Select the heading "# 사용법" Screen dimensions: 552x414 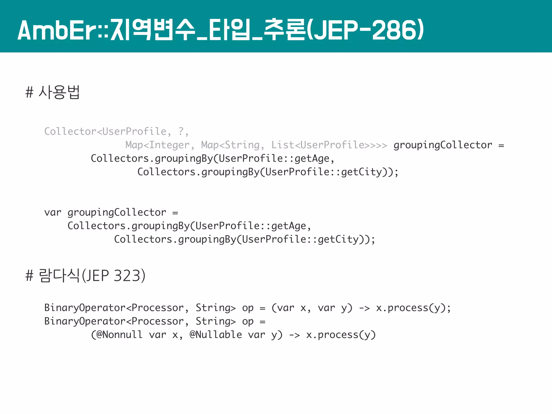53,92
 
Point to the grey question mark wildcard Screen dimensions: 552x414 181,132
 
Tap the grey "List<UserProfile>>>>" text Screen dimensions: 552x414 329,145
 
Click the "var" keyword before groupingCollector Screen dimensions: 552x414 53,212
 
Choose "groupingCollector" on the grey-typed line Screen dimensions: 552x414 443,145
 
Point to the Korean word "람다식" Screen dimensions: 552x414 59,276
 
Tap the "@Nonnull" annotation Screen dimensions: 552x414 119,335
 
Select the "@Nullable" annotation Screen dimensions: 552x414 216,335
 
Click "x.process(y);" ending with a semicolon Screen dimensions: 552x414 413,308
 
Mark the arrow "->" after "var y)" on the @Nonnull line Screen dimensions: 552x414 294,335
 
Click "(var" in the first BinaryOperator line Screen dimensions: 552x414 283,308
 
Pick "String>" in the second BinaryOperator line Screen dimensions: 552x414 216,321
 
